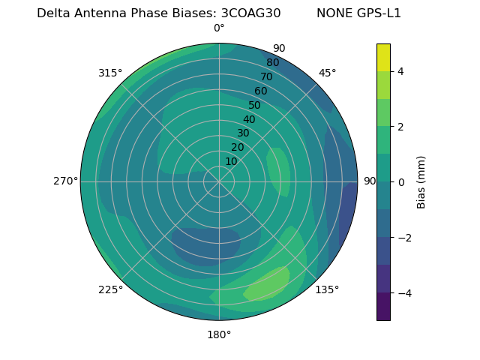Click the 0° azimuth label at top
(x=219, y=28)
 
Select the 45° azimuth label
(x=327, y=73)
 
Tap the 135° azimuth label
(x=327, y=289)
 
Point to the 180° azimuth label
(x=219, y=334)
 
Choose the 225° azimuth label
(x=110, y=289)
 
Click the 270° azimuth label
(x=65, y=181)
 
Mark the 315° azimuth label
(x=110, y=73)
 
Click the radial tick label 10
(x=231, y=161)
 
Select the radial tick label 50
(x=255, y=106)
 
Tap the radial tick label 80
(x=273, y=62)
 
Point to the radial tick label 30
(x=243, y=133)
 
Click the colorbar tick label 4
(x=400, y=71)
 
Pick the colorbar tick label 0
(x=400, y=182)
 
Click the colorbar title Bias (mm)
(x=421, y=182)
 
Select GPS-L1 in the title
(x=379, y=13)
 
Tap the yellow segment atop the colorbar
(x=383, y=57)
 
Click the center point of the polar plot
(x=219, y=181)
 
